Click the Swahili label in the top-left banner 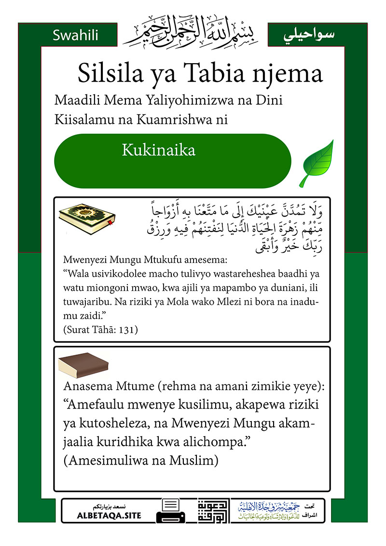(75, 35)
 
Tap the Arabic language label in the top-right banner (314, 35)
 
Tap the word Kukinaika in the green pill (158, 150)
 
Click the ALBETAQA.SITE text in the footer (109, 516)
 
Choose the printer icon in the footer (170, 511)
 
